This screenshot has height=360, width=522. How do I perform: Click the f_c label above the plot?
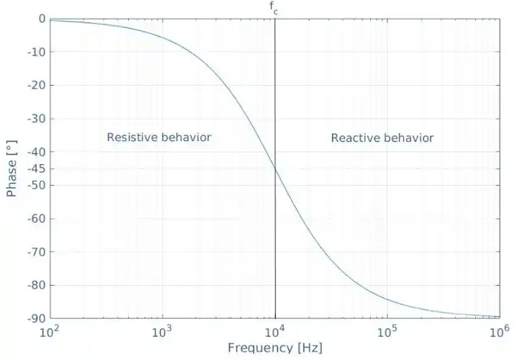(274, 9)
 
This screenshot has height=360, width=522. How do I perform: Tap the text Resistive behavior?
(159, 138)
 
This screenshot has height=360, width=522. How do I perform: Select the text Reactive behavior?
(382, 138)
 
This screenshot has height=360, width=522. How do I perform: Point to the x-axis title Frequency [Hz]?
(274, 348)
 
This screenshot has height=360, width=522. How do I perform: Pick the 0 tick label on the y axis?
(42, 19)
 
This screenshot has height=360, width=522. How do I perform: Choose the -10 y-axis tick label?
(35, 52)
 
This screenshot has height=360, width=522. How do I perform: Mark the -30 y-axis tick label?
(35, 119)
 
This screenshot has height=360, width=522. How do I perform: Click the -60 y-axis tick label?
(35, 219)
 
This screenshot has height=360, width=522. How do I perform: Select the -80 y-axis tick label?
(35, 285)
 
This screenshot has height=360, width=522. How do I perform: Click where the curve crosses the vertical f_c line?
(275, 169)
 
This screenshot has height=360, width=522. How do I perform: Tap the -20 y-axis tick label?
(35, 86)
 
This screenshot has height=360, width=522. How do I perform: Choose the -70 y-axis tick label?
(35, 252)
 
